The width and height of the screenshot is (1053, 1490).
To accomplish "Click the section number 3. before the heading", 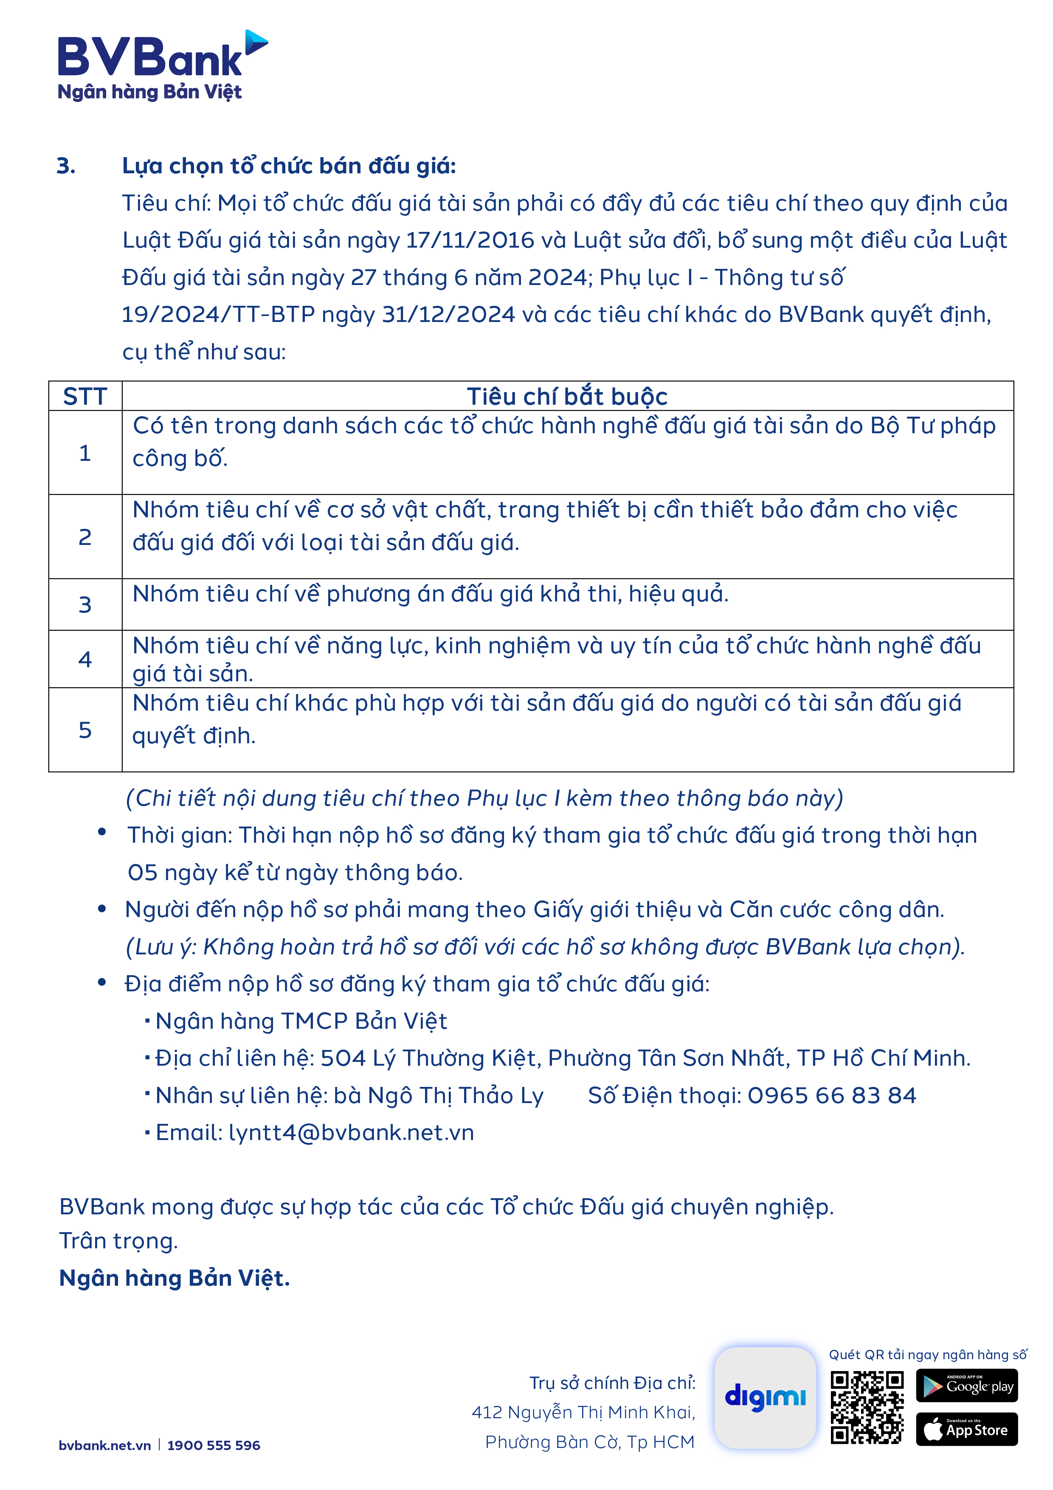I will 66,166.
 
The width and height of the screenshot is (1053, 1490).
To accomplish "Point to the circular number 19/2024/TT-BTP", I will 218,315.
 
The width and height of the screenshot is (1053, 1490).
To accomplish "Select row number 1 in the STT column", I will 85,453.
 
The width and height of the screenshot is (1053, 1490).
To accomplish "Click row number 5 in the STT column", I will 85,730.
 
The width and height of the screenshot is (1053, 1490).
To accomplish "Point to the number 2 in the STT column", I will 85,537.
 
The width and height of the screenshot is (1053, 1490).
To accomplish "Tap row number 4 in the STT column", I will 85,659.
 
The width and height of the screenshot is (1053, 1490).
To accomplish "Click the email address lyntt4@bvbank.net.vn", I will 351,1132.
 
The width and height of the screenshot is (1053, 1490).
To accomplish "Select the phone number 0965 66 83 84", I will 832,1095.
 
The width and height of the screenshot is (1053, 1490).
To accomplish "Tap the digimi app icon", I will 765,1397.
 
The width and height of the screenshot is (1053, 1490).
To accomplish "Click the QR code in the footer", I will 867,1407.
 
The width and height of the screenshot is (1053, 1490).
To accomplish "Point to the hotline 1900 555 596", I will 214,1445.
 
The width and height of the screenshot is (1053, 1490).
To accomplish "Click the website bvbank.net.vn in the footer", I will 104,1445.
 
